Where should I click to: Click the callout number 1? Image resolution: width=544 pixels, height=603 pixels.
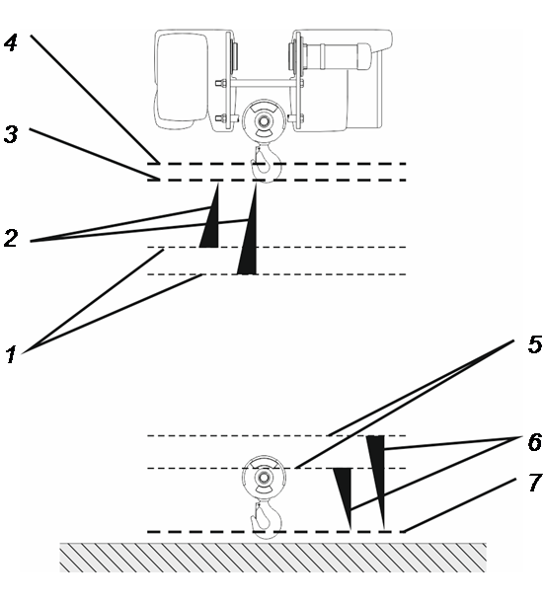coord(11,354)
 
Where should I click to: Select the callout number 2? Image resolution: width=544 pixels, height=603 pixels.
coord(11,238)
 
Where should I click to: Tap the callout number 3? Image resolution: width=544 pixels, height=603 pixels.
coord(11,134)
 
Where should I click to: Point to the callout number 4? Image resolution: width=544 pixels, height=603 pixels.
coord(11,42)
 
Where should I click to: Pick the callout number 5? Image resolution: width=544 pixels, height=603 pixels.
coord(535,343)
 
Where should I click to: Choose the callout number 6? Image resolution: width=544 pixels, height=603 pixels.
coord(535,441)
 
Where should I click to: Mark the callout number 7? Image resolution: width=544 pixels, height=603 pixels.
coord(535,482)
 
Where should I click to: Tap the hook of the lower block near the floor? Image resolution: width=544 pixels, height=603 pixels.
coord(267,517)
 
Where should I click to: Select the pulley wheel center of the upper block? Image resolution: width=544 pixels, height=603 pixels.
coord(264,121)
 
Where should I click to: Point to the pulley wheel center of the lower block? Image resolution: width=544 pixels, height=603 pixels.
coord(264,478)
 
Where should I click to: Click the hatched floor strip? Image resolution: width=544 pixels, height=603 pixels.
coord(272,558)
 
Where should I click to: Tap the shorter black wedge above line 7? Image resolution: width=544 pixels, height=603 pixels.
coord(344,498)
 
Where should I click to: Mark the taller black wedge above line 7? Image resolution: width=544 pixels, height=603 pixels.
coord(376,483)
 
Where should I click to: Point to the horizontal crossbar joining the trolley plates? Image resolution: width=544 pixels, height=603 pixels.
coord(264,83)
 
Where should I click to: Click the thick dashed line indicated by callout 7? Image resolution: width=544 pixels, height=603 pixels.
coord(276,532)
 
